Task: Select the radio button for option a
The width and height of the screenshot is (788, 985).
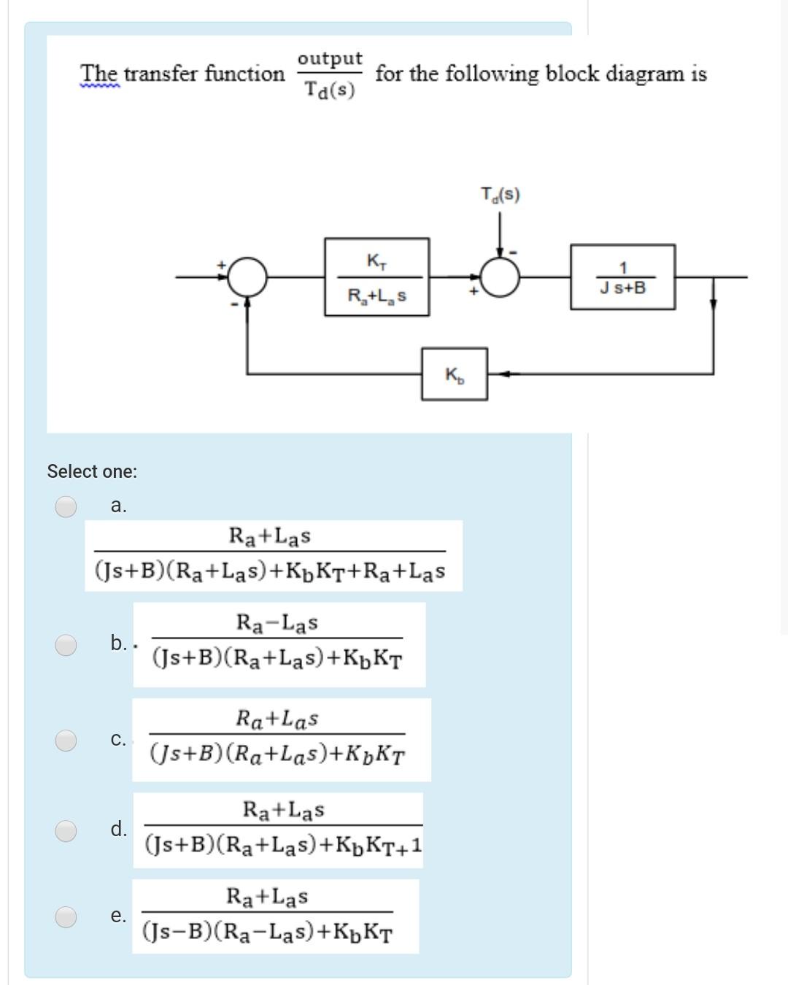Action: [66, 506]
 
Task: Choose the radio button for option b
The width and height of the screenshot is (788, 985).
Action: [66, 644]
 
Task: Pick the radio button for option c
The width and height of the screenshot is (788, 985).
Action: [66, 740]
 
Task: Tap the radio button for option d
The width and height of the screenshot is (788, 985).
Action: [66, 830]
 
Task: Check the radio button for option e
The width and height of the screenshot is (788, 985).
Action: [66, 916]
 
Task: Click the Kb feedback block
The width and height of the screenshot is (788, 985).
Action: [454, 374]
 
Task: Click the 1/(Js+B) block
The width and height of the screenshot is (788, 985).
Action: [622, 277]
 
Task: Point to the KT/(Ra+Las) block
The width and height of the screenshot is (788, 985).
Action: [376, 277]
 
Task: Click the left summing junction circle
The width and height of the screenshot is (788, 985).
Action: [248, 277]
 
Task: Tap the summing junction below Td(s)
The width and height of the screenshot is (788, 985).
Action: [500, 277]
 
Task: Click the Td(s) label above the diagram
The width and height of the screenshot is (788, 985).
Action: [500, 195]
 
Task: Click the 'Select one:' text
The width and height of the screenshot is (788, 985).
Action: [92, 471]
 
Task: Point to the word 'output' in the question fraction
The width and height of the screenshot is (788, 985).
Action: [330, 58]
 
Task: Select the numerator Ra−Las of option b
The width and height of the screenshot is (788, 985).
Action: [277, 623]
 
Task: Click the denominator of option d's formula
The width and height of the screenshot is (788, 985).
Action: [283, 845]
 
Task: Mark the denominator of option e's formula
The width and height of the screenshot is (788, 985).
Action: [267, 932]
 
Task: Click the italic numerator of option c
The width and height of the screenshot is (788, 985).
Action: [277, 719]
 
